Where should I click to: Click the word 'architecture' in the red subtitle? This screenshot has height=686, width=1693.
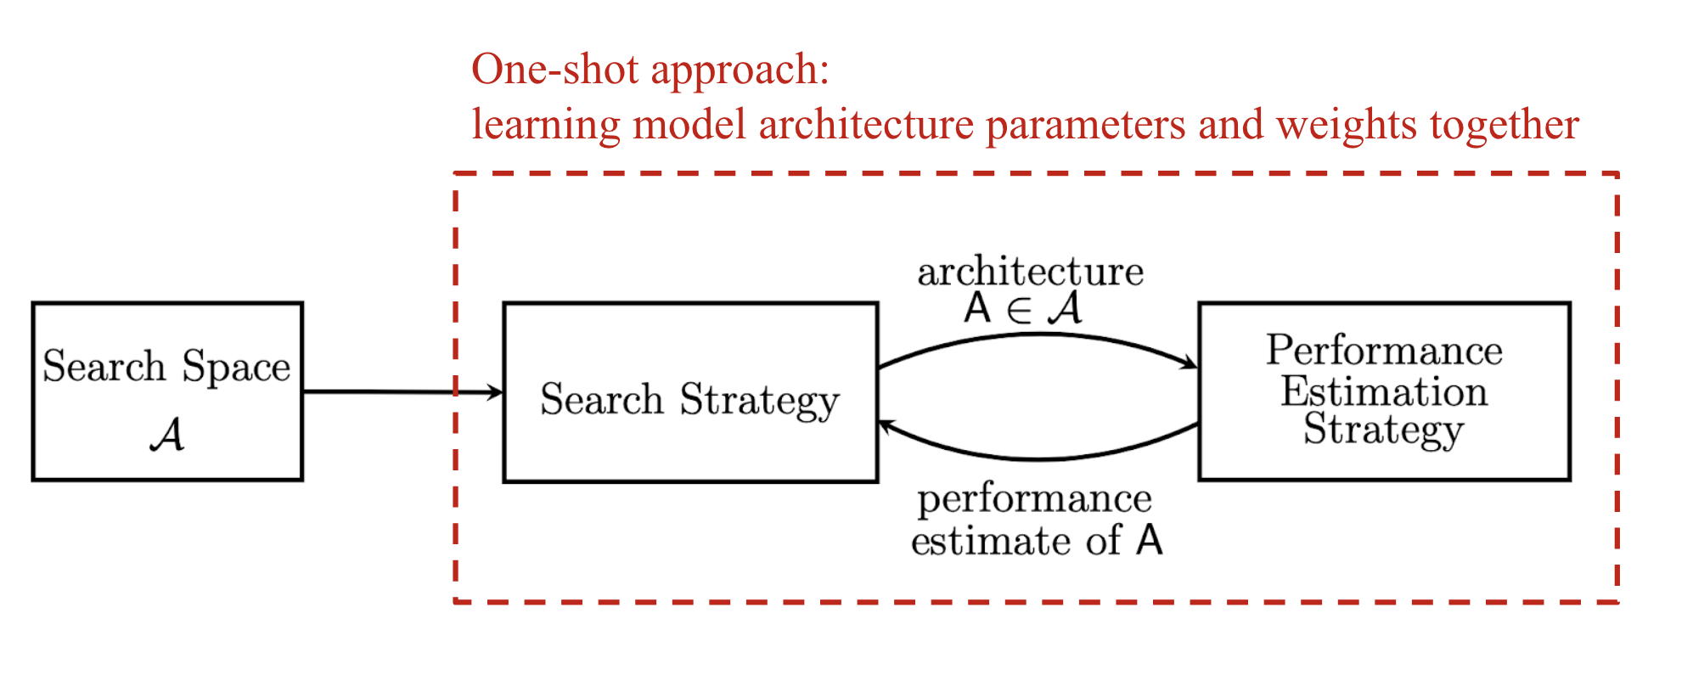click(865, 125)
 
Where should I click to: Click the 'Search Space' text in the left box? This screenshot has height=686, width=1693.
click(166, 367)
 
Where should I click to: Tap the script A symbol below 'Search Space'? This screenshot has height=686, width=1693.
click(167, 436)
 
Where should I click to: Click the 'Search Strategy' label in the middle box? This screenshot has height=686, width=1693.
click(689, 400)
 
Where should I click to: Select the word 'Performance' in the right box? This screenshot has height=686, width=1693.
click(1384, 351)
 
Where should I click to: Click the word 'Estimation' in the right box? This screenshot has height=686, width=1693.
click(1384, 391)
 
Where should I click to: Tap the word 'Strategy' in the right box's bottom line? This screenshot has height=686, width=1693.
click(1384, 430)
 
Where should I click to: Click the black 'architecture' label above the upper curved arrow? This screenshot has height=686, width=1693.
click(1030, 272)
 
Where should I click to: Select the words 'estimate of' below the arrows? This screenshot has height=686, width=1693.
click(1015, 541)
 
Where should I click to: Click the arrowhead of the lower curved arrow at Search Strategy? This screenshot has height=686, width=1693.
click(886, 425)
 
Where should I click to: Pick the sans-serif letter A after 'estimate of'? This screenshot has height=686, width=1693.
click(1149, 540)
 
